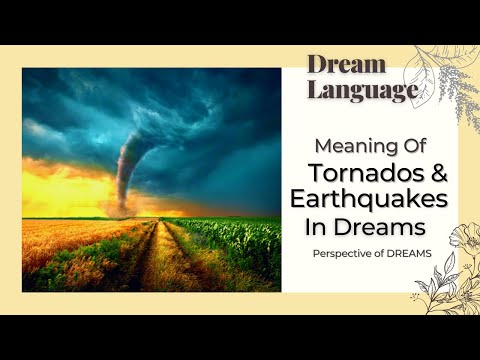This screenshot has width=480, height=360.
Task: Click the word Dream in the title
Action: click(x=346, y=65)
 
